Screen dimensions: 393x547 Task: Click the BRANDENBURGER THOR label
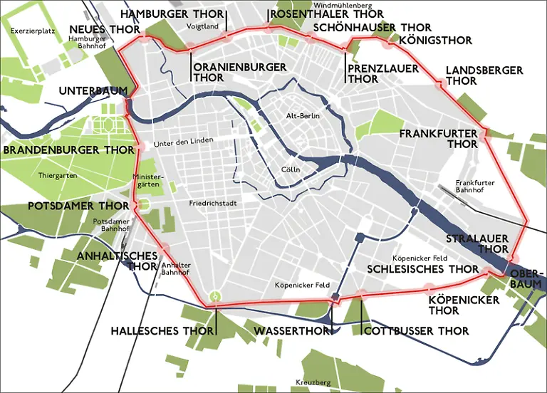[x=68, y=150]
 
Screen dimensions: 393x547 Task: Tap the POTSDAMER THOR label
[x=68, y=206]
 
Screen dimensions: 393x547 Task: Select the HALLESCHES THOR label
[x=162, y=331]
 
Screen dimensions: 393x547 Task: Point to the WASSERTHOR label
[x=291, y=331]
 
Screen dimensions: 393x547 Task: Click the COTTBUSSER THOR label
[x=417, y=331]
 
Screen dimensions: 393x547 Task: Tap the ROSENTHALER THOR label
[x=327, y=14]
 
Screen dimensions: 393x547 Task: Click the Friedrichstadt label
[x=213, y=204]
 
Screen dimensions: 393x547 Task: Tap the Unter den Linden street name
[x=188, y=142]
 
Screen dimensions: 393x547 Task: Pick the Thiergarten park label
[x=59, y=175]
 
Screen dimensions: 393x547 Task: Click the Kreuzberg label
[x=313, y=383]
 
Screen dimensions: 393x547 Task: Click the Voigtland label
[x=202, y=26]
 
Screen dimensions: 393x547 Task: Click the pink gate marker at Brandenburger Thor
[x=139, y=147]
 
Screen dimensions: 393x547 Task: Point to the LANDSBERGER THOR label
[x=484, y=75]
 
